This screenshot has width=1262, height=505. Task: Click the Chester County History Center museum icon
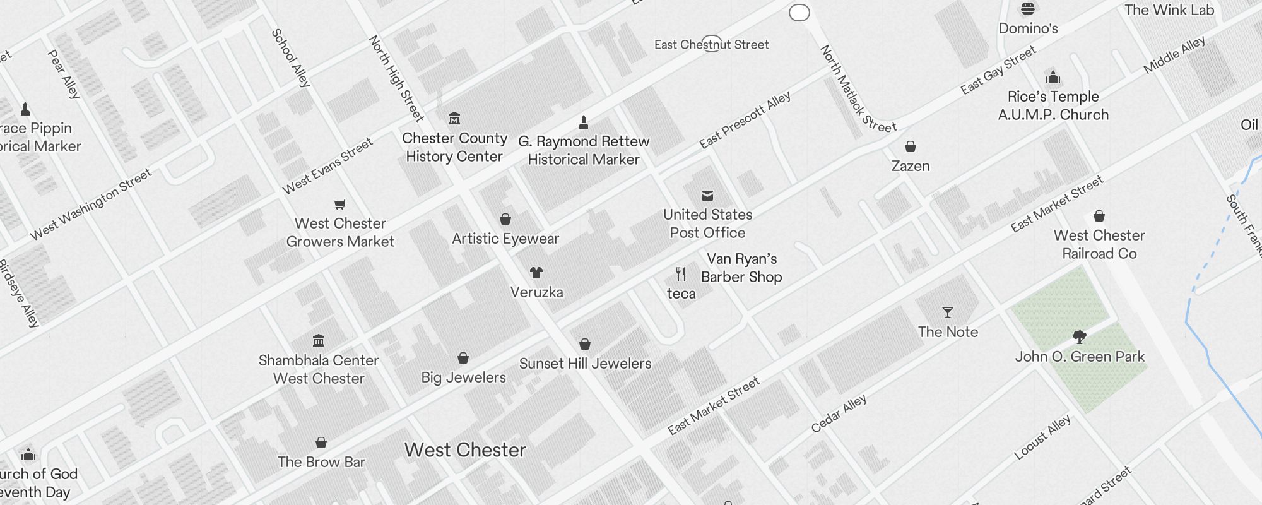click(454, 119)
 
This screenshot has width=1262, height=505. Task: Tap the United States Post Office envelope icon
click(707, 196)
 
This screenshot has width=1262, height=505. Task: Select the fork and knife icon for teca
click(681, 274)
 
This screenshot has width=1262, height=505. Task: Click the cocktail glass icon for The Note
click(947, 312)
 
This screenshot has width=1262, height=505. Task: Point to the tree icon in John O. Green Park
click(1080, 337)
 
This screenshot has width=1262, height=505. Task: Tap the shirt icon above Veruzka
click(536, 273)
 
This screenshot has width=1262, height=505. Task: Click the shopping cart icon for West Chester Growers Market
click(340, 204)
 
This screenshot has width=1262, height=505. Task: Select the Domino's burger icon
click(1028, 9)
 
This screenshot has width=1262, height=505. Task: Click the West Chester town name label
click(465, 450)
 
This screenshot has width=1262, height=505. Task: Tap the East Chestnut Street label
click(711, 45)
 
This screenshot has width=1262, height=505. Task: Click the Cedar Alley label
click(839, 414)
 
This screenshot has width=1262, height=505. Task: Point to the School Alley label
click(291, 57)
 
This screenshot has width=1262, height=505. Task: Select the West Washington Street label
click(91, 204)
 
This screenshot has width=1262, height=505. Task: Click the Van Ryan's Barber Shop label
click(741, 268)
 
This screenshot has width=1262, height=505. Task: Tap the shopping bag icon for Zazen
click(910, 146)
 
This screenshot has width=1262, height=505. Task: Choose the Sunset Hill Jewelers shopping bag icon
click(585, 344)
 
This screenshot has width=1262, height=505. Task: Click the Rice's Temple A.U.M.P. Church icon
click(1053, 78)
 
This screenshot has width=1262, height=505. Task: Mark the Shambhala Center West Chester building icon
click(319, 341)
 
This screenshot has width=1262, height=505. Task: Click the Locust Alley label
click(1042, 437)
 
